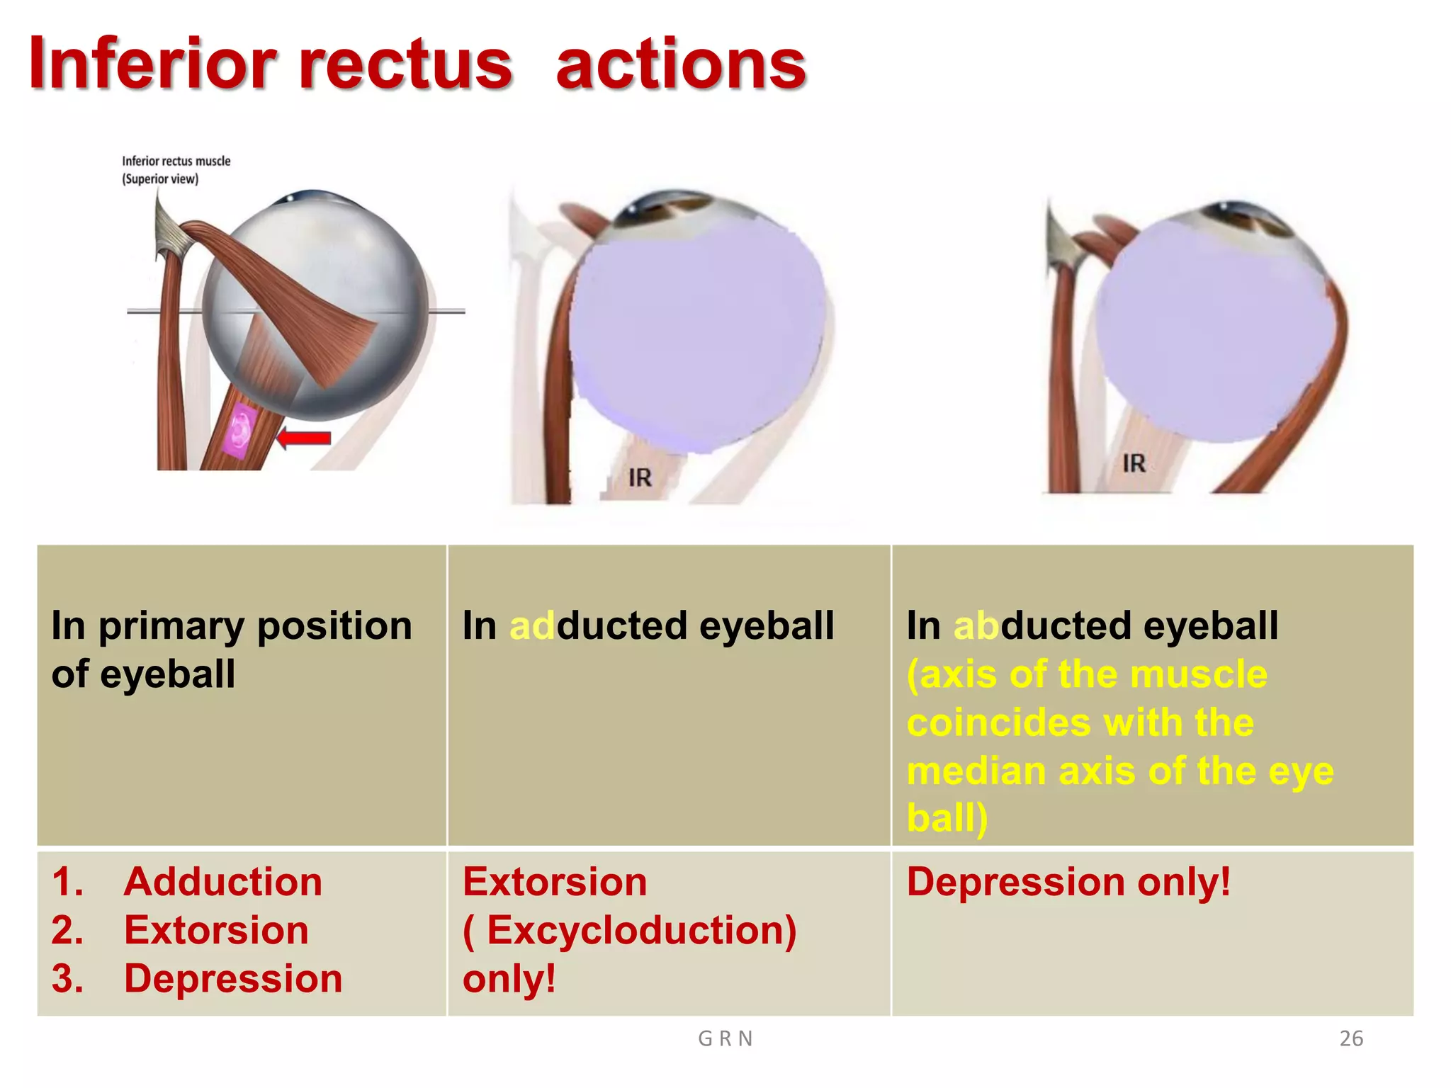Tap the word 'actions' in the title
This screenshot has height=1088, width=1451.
(680, 65)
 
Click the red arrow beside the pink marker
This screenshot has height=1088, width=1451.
(305, 438)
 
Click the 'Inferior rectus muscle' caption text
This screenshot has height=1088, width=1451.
(176, 161)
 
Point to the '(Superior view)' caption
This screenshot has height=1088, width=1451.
(160, 179)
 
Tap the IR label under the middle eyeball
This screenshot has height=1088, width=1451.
(640, 478)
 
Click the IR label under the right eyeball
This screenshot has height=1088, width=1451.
(1134, 464)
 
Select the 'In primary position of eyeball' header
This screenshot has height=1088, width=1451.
(231, 649)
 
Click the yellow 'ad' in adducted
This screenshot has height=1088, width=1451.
(532, 626)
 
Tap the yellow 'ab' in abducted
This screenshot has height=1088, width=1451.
(976, 626)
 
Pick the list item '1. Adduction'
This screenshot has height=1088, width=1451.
(187, 883)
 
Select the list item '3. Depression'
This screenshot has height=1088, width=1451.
(197, 979)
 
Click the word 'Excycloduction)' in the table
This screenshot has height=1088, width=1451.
(641, 931)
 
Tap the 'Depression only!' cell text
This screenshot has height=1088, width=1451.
(1068, 883)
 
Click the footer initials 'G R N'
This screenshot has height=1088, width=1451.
(725, 1038)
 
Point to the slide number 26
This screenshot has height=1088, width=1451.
(1351, 1038)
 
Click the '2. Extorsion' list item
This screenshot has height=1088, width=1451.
(180, 931)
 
